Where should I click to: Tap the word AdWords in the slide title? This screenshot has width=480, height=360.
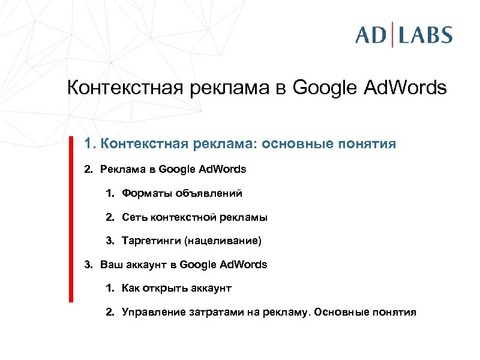coord(405,88)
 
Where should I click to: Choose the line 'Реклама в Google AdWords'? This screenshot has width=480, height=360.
coord(173,169)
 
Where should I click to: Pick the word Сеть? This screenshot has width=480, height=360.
coord(133,217)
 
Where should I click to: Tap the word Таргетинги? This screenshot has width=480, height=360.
coord(151,241)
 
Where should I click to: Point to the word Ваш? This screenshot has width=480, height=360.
coord(110,265)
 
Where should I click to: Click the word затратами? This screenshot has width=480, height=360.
coord(209,313)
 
